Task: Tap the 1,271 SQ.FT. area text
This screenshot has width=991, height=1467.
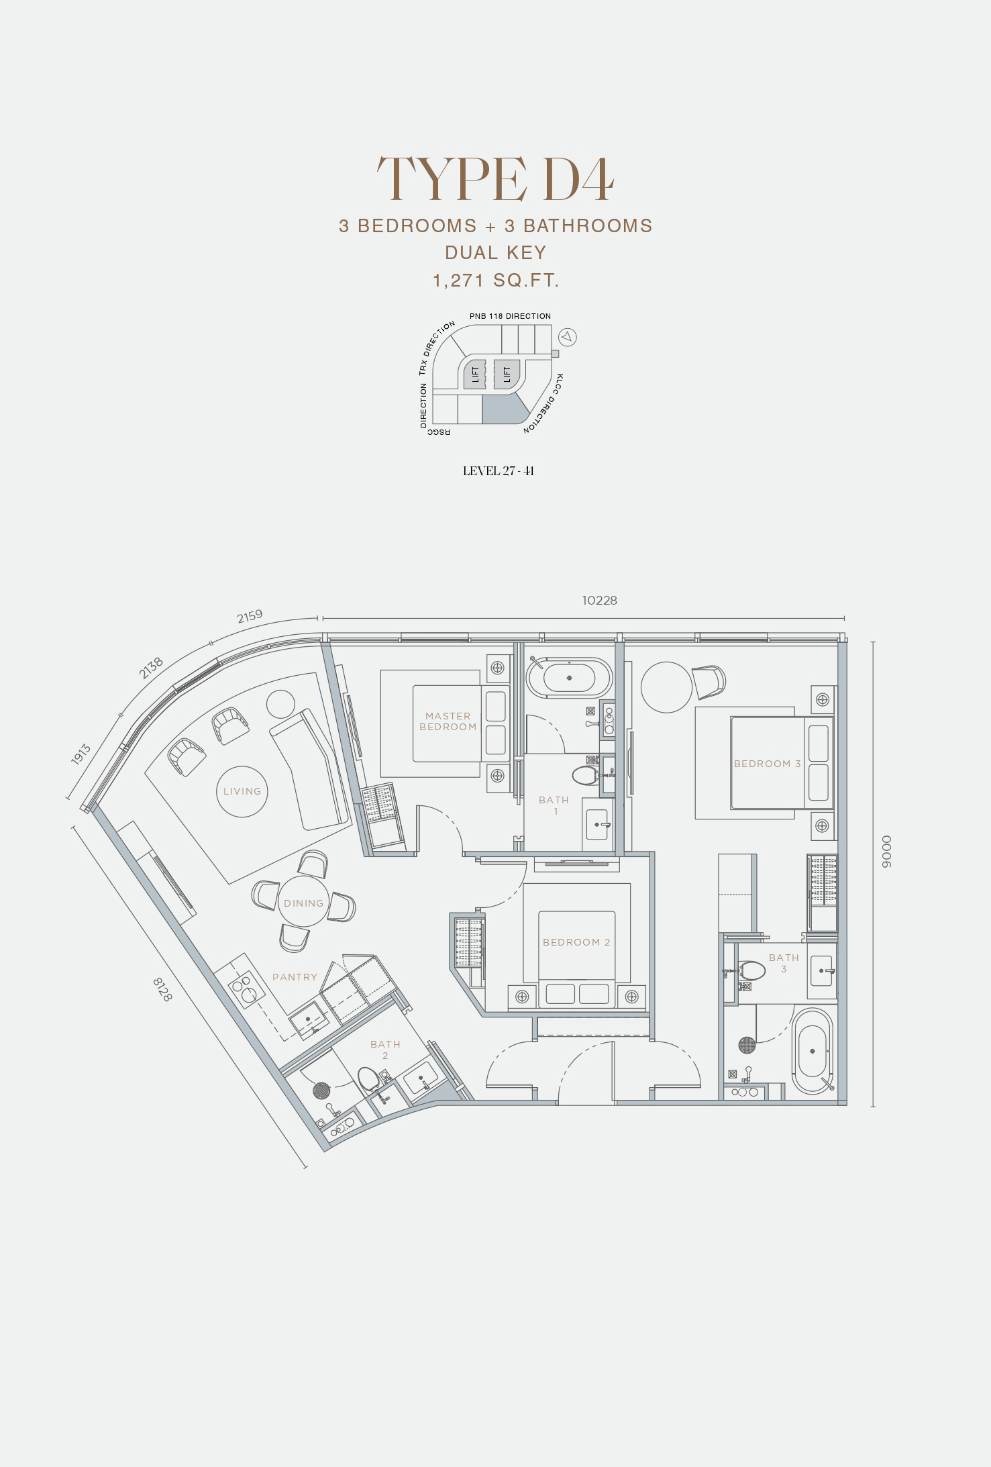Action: [x=496, y=280]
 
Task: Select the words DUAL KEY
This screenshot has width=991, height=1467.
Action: [x=496, y=252]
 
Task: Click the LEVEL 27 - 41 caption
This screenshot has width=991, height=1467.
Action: [x=499, y=470]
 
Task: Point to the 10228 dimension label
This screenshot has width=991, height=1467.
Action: [x=599, y=600]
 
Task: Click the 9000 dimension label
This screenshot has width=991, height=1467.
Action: [x=886, y=852]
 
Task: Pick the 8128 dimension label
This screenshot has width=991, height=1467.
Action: [x=162, y=989]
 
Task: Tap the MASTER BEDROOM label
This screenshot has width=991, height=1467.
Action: [x=448, y=721]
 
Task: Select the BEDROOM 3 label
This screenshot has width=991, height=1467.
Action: [x=767, y=764]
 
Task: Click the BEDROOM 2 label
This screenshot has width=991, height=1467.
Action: [x=576, y=942]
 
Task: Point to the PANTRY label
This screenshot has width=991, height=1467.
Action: [x=295, y=977]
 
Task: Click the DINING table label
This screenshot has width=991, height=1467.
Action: [x=303, y=903]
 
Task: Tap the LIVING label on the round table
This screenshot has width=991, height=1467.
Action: [x=242, y=791]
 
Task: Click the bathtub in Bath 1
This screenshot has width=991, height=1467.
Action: [x=569, y=678]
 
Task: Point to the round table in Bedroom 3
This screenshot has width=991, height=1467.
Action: [x=666, y=687]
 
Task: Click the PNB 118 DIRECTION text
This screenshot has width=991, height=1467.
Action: [x=510, y=316]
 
